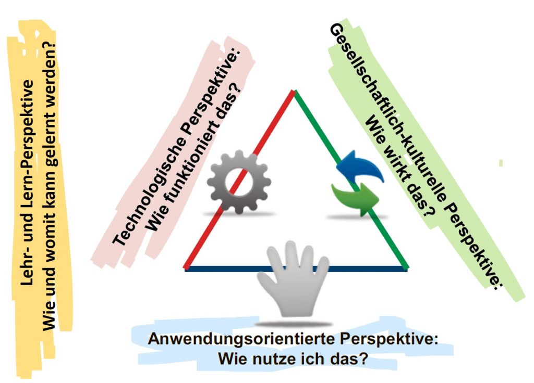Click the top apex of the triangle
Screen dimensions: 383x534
click(294, 92)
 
